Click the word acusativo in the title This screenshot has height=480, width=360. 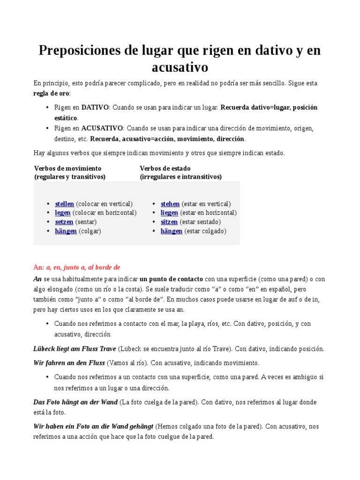tap(180, 67)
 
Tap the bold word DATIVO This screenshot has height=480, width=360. tap(95, 107)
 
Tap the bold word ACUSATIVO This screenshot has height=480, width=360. tap(102, 127)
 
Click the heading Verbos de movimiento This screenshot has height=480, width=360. tap(67, 168)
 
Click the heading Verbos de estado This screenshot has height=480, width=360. tap(165, 168)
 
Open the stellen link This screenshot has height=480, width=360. tap(65, 204)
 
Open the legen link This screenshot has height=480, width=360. tap(63, 213)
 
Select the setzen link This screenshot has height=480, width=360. tap(64, 222)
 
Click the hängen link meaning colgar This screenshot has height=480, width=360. tap(66, 231)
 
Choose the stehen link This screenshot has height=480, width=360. tap(170, 204)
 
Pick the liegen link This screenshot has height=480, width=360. tap(169, 213)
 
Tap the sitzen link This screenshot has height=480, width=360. tap(169, 222)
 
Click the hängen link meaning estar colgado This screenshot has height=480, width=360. tap(172, 231)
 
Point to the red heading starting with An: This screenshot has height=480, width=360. tap(77, 267)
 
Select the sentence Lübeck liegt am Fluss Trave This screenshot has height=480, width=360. tap(75, 349)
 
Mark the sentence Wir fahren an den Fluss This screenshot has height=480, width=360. tap(69, 363)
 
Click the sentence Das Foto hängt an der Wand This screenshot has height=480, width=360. tap(75, 402)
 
